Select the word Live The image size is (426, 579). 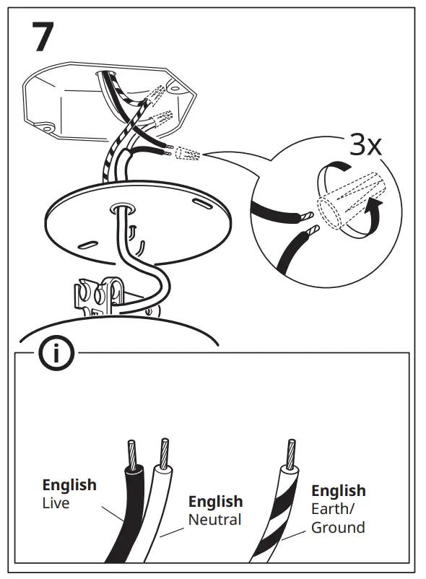[56, 503]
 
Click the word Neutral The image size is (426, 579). [215, 519]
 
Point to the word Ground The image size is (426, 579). [337, 528]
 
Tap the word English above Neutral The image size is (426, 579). [215, 501]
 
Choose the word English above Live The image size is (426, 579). [69, 485]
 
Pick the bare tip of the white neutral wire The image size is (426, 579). [165, 450]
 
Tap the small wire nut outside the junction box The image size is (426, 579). [188, 154]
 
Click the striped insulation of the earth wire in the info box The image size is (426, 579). [278, 513]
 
